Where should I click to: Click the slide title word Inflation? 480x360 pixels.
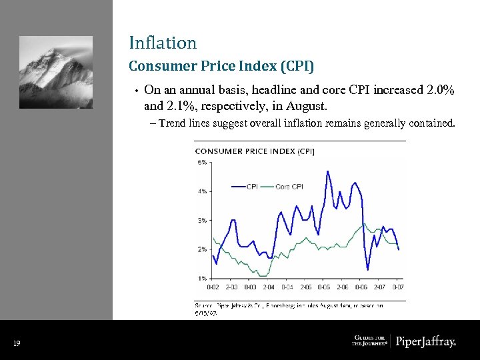click(163, 43)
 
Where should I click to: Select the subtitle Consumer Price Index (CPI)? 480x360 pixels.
click(221, 67)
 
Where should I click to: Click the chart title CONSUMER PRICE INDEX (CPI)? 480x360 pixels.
click(254, 151)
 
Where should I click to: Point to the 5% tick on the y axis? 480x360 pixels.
click(201, 163)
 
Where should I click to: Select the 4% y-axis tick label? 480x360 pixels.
click(201, 191)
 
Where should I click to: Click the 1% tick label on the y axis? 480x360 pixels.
click(201, 277)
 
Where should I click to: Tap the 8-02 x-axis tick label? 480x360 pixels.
click(213, 287)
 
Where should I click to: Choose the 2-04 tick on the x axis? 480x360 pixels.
click(269, 287)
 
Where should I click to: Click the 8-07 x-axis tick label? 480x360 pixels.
click(397, 287)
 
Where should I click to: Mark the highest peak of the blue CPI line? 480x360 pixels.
click(327, 171)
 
